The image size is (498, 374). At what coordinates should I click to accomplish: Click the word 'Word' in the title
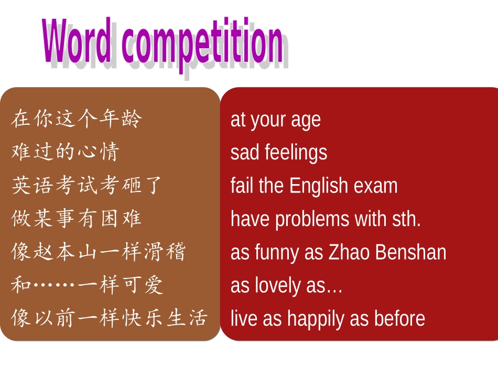[77, 42]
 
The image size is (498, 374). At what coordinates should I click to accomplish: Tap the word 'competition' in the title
[202, 44]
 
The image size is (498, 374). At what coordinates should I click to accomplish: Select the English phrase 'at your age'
[275, 120]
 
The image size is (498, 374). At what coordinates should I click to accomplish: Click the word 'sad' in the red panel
[245, 153]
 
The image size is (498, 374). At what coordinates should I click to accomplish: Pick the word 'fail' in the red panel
[242, 186]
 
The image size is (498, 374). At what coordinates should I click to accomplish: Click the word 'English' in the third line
[318, 187]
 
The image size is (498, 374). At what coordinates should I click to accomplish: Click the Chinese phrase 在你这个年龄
[77, 119]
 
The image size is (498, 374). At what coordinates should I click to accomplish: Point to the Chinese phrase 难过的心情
[66, 152]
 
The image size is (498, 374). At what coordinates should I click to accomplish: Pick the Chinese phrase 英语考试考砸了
[88, 186]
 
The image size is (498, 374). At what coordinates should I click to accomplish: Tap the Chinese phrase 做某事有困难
[77, 219]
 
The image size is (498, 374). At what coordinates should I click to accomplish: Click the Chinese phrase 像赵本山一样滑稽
[99, 252]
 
